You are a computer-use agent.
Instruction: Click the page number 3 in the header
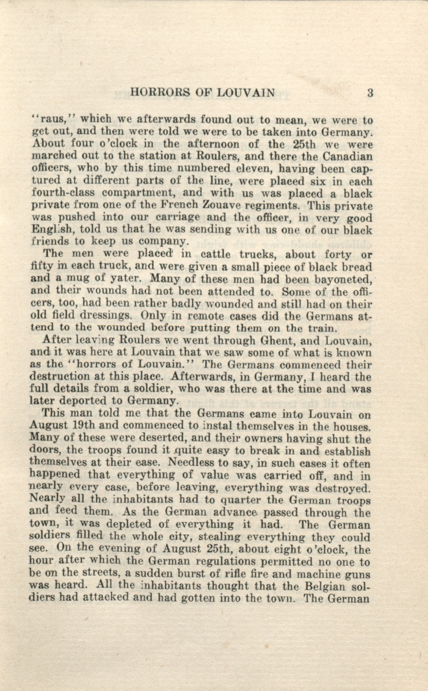coord(370,93)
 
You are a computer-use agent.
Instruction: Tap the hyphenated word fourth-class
coord(63,193)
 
